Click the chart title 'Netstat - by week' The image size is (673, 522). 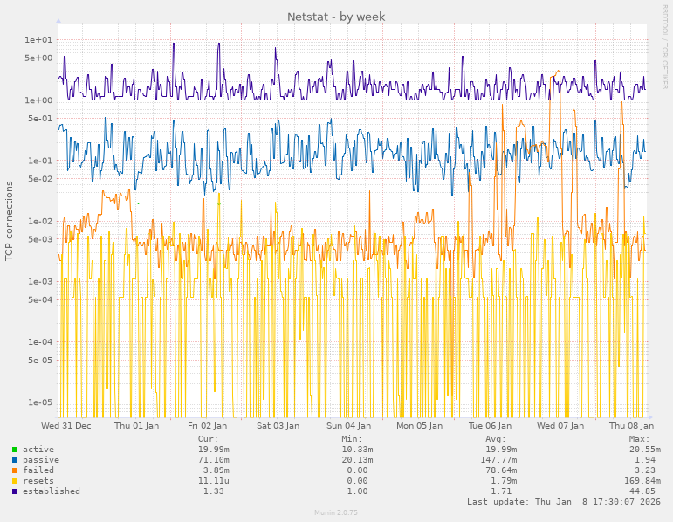336,17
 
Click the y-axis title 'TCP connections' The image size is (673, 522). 10,221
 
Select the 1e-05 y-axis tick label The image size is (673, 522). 40,402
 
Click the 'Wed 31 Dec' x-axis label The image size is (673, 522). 66,426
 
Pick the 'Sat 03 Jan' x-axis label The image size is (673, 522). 278,426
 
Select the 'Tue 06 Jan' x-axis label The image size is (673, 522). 490,426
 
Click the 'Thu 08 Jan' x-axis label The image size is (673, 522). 628,426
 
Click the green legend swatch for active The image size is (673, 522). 15,450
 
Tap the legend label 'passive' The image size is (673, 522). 40,460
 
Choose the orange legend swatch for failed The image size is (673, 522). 15,470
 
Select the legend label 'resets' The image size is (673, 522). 38,481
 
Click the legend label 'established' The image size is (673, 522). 51,491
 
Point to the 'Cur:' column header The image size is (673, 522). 208,439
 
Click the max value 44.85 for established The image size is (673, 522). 647,491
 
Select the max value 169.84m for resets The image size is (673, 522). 642,481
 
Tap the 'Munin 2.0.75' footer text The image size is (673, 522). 336,512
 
